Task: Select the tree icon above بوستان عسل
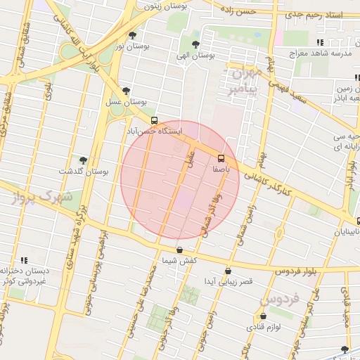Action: pos(126,91)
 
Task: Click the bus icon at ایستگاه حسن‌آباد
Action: pos(154,120)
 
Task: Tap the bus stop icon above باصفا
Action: pos(221,157)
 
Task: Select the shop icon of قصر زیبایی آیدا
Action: pos(228,271)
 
